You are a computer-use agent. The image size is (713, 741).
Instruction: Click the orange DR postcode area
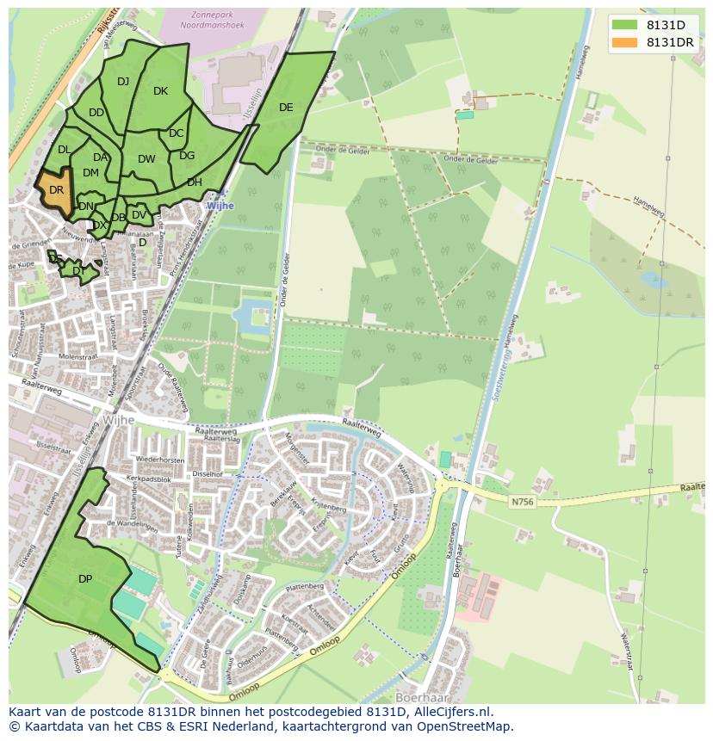point(54,193)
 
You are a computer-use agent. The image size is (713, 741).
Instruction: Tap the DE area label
point(286,108)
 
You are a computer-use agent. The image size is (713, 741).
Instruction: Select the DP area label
point(85,579)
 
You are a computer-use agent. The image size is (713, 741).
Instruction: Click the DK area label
point(160,91)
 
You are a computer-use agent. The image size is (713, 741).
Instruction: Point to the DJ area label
point(123,82)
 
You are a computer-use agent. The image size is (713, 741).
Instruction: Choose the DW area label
point(146,159)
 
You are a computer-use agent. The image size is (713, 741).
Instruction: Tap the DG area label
point(187,156)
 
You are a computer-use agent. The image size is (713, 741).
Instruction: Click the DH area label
point(195,182)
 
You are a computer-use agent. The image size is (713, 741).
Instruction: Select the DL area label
point(64,150)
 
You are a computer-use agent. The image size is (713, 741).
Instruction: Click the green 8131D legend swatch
point(624,25)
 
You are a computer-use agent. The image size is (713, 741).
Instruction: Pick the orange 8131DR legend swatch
point(624,42)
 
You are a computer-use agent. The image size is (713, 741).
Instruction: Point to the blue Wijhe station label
point(220,207)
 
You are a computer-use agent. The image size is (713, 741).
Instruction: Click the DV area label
point(139,215)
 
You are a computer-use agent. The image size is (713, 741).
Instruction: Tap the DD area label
point(96,113)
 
